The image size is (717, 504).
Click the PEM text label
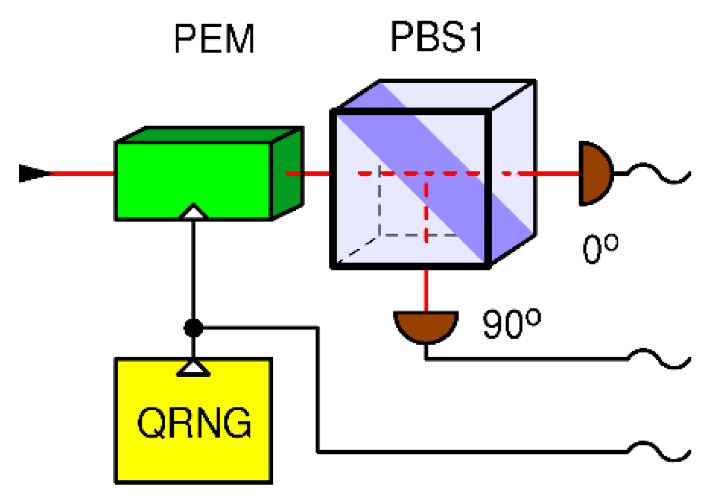click(214, 39)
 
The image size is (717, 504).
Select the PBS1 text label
click(436, 37)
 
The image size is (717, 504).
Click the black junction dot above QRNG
click(193, 328)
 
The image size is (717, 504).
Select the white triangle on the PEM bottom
click(193, 212)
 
